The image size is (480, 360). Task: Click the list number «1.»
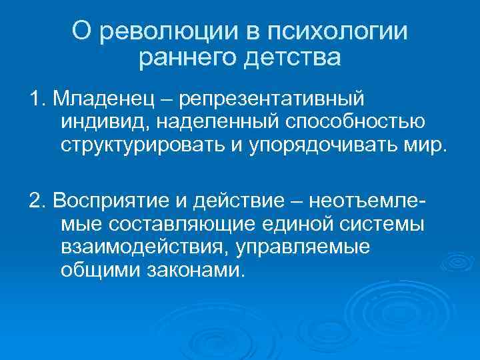[x=36, y=99]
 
